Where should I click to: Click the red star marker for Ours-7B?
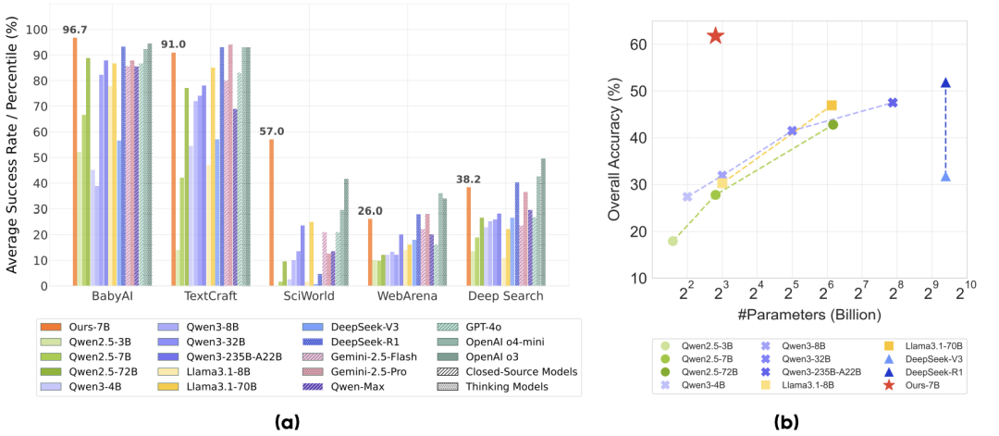(x=715, y=36)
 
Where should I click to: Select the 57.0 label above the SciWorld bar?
(x=271, y=131)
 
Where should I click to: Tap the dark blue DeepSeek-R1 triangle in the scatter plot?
(x=945, y=83)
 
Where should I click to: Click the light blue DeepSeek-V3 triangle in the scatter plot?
(x=945, y=177)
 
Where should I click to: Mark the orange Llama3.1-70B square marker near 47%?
(x=832, y=106)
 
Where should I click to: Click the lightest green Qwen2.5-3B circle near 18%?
(x=672, y=241)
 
